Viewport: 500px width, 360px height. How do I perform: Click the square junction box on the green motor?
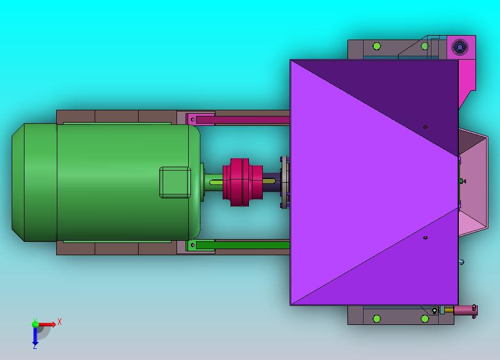pos(175,182)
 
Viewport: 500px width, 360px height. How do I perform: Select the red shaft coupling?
pos(243,182)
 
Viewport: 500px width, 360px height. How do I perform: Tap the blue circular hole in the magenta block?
pos(459,47)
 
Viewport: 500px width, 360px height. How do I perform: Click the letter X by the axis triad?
pos(60,322)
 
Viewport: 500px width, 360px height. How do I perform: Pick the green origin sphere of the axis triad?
pos(35,324)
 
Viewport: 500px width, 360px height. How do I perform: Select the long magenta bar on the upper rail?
pos(243,120)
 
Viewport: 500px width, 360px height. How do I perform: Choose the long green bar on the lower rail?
pos(243,245)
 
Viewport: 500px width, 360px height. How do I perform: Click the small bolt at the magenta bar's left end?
pos(192,120)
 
